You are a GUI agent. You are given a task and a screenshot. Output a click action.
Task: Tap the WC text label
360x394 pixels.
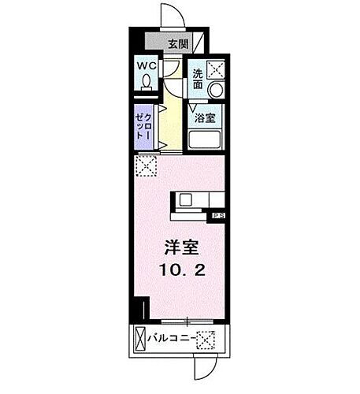(147, 66)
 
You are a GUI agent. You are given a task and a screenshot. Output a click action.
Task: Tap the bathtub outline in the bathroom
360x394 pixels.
(206, 139)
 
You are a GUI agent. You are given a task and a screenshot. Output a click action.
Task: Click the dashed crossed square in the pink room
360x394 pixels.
(146, 165)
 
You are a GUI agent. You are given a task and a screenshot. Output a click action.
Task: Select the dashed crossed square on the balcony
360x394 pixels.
(206, 340)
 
